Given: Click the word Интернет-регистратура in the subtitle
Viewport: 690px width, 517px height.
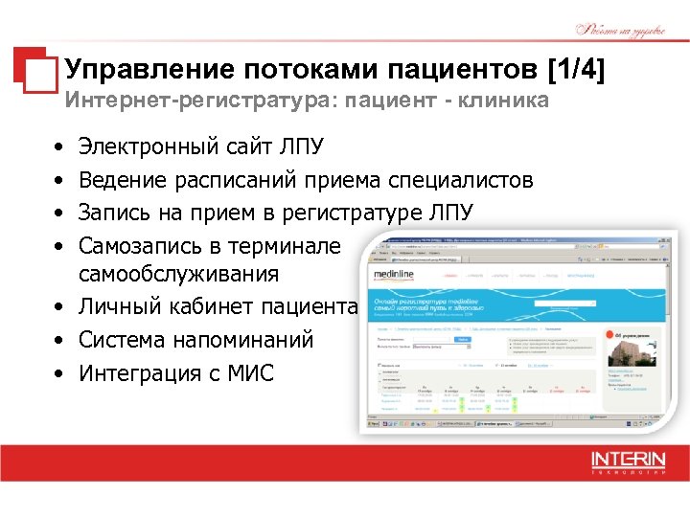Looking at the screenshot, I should pos(169,101).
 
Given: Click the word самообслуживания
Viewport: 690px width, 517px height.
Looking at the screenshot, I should pos(179,274).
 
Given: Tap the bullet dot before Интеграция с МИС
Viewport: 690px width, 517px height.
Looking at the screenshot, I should pos(59,372).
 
